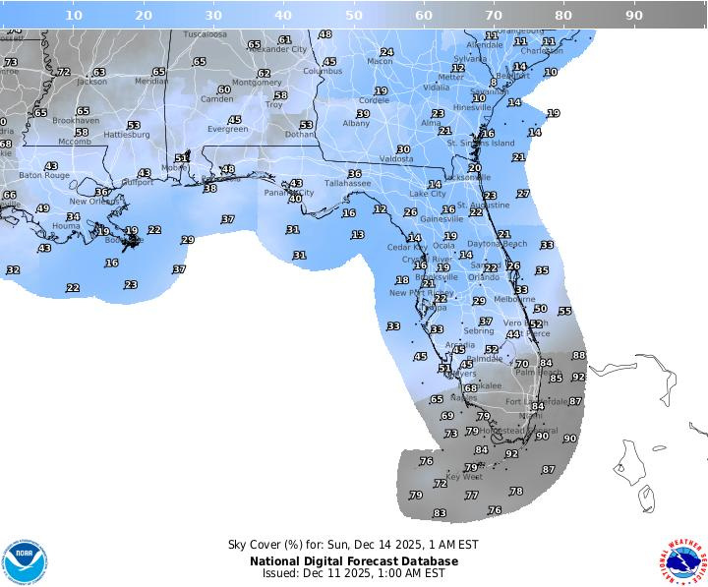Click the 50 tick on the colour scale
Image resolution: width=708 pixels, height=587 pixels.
353,15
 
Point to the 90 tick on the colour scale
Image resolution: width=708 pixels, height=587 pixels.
634,15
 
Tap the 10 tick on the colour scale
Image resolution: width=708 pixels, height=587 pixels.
73,15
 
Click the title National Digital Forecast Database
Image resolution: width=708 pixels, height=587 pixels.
353,560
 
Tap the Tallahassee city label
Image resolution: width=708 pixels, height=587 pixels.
348,183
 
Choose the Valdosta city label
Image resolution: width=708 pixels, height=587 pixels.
396,158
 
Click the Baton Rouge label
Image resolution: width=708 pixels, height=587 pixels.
44,175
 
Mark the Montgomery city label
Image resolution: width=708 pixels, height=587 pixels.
257,83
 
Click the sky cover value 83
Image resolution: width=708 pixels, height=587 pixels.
440,513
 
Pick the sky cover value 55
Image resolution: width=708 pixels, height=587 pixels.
564,312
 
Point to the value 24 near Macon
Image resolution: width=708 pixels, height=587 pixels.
386,52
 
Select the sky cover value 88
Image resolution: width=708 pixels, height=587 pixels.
579,356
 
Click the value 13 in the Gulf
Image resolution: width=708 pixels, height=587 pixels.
358,235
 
